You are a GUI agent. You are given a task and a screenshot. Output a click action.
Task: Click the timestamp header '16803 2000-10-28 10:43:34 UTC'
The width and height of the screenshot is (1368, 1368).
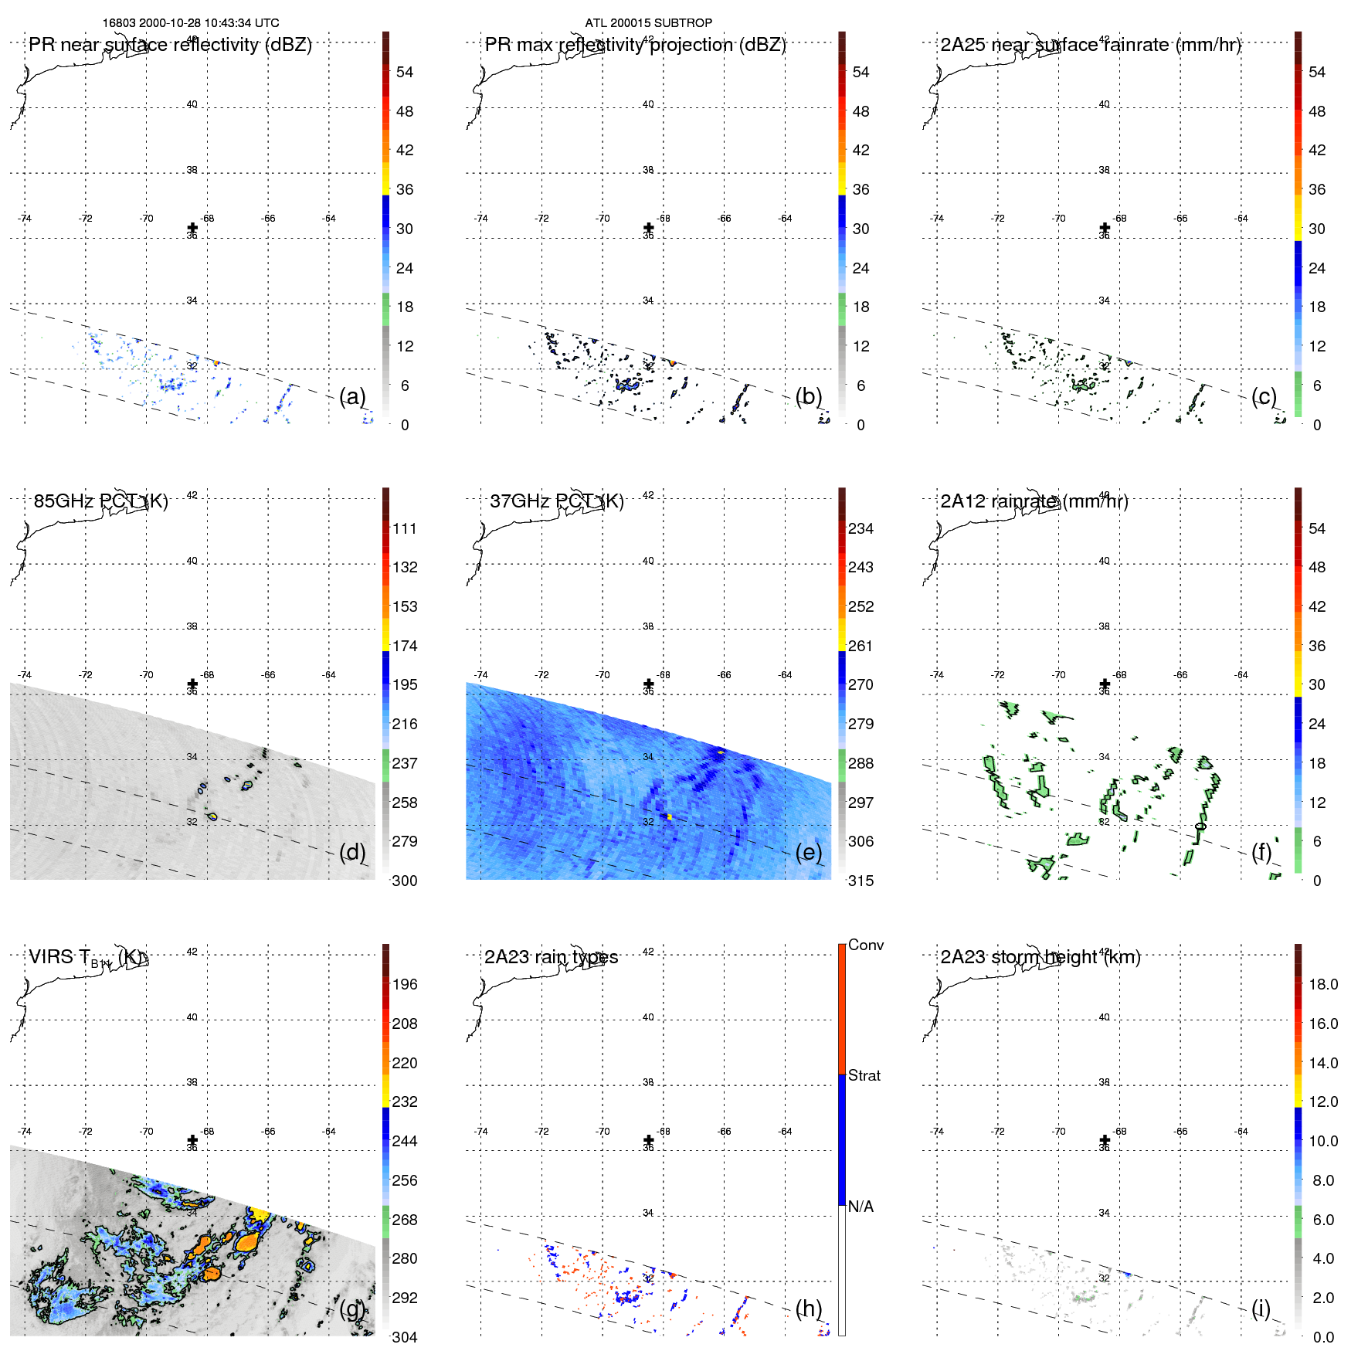click(191, 23)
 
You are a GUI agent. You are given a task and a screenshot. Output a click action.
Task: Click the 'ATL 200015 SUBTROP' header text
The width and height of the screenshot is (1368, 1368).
click(648, 23)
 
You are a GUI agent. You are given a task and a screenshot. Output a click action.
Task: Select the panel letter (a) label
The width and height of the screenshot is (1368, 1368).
click(352, 396)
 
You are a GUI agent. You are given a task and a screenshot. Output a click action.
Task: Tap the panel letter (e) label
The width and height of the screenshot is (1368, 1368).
click(809, 852)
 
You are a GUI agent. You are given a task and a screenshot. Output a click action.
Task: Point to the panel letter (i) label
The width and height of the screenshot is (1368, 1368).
click(1261, 1308)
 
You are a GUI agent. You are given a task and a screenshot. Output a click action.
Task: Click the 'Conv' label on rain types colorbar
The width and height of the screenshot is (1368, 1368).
click(865, 945)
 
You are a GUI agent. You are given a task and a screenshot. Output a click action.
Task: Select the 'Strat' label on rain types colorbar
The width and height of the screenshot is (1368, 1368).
click(864, 1075)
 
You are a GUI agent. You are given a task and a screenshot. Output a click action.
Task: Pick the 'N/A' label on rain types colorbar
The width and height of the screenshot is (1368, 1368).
click(861, 1207)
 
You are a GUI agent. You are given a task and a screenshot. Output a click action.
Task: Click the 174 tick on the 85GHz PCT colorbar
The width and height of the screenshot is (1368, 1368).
click(405, 646)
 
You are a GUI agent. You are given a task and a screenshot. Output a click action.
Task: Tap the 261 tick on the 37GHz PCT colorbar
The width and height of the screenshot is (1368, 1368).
click(861, 646)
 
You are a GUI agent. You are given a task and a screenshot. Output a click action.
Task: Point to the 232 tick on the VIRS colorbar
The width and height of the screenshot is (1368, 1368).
click(405, 1102)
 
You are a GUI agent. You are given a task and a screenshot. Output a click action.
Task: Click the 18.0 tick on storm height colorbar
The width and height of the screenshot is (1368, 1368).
click(1322, 984)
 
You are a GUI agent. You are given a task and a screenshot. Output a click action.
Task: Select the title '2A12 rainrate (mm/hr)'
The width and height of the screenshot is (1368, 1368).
click(1034, 501)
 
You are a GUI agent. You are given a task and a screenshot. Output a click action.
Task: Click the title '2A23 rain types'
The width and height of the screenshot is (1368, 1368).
click(551, 957)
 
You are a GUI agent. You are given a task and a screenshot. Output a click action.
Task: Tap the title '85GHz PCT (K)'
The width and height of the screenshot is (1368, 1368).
click(100, 501)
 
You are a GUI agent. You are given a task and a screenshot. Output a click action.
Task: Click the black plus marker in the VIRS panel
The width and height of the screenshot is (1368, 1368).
click(192, 1140)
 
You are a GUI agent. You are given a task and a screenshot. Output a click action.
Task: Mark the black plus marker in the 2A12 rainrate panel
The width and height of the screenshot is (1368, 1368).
click(1105, 684)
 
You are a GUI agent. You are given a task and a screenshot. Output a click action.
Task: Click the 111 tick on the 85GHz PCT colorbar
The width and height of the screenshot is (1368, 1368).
click(405, 528)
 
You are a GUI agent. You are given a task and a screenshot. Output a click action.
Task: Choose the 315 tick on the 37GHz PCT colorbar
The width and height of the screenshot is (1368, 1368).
click(861, 881)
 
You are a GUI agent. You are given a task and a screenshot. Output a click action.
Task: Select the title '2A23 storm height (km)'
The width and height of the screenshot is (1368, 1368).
click(1040, 957)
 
